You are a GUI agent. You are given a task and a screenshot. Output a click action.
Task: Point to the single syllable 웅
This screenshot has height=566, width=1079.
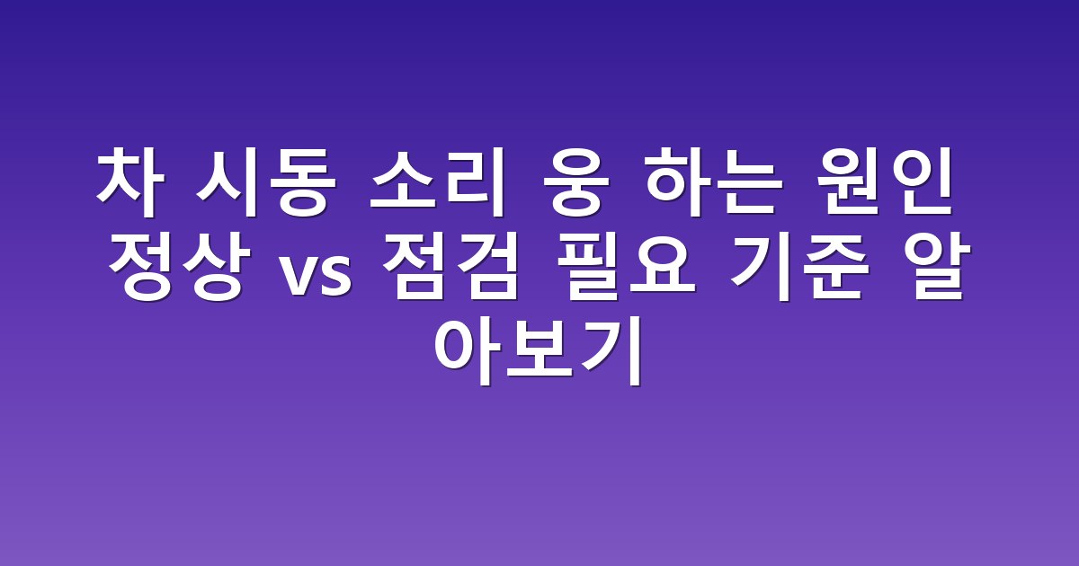pyautogui.click(x=575, y=183)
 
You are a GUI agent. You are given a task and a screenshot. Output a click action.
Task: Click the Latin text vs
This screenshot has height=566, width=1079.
pyautogui.click(x=317, y=277)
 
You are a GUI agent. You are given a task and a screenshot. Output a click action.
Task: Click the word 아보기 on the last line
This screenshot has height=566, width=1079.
pyautogui.click(x=539, y=350)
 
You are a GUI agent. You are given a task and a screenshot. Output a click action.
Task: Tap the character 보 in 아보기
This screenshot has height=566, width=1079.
pyautogui.click(x=539, y=350)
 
